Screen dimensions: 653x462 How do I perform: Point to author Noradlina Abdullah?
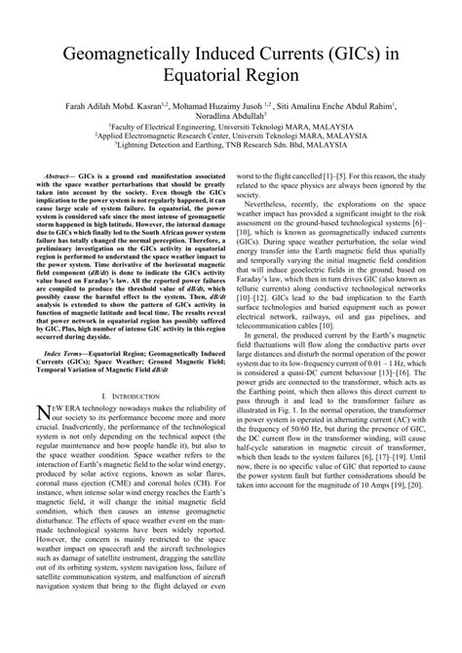tap(230, 114)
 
